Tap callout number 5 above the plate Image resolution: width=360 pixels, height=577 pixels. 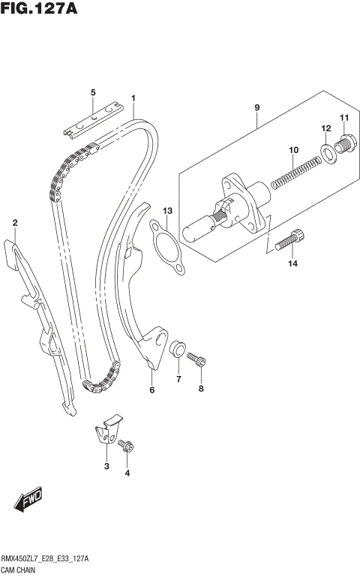[x=93, y=92]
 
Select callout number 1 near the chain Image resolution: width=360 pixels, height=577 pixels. [x=133, y=98]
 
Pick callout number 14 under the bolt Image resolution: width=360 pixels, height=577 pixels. [x=292, y=263]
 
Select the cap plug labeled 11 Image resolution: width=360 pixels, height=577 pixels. [x=343, y=143]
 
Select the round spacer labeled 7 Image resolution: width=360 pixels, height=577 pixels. [x=178, y=350]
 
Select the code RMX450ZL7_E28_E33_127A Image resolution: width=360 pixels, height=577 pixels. [x=45, y=559]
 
